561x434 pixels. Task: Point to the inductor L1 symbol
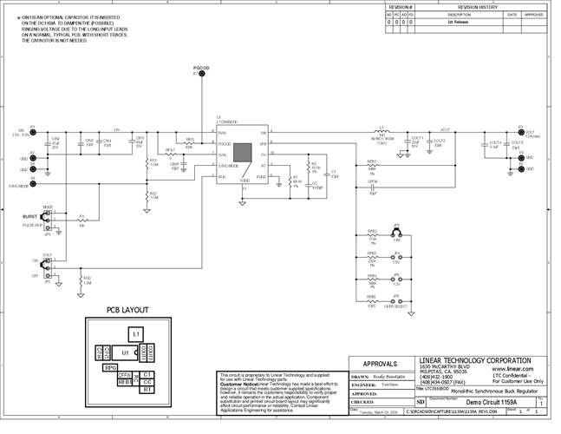382,133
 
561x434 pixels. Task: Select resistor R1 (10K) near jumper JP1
82,220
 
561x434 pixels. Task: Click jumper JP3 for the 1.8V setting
397,236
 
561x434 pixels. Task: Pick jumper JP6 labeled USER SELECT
397,301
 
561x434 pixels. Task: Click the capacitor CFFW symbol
373,186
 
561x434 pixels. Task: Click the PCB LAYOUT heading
127,310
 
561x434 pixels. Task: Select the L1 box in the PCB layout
134,333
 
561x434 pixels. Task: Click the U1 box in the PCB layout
126,353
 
